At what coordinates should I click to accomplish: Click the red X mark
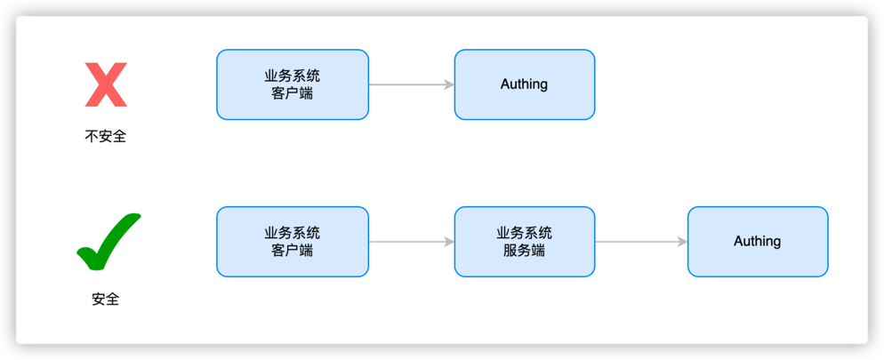click(105, 85)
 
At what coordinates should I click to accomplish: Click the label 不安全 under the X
click(105, 137)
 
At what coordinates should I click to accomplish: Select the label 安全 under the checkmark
click(105, 299)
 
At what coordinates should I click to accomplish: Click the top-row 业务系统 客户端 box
click(292, 84)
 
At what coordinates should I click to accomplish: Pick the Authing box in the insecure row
click(524, 84)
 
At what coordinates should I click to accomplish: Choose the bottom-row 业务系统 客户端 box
click(292, 242)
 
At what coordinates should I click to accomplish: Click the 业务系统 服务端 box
click(524, 242)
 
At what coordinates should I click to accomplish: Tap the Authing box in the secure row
click(757, 242)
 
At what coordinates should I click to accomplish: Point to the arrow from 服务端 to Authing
click(640, 242)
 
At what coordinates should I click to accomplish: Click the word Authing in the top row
click(524, 84)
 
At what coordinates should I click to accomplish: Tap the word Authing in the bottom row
click(757, 242)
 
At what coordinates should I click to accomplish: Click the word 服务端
click(524, 251)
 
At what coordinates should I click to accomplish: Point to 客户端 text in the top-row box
click(292, 93)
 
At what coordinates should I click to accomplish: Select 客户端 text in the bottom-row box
click(292, 251)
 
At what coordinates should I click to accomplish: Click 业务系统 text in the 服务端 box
click(524, 233)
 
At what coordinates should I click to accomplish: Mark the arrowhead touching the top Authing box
click(449, 84)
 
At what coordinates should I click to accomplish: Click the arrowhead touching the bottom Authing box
click(682, 242)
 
